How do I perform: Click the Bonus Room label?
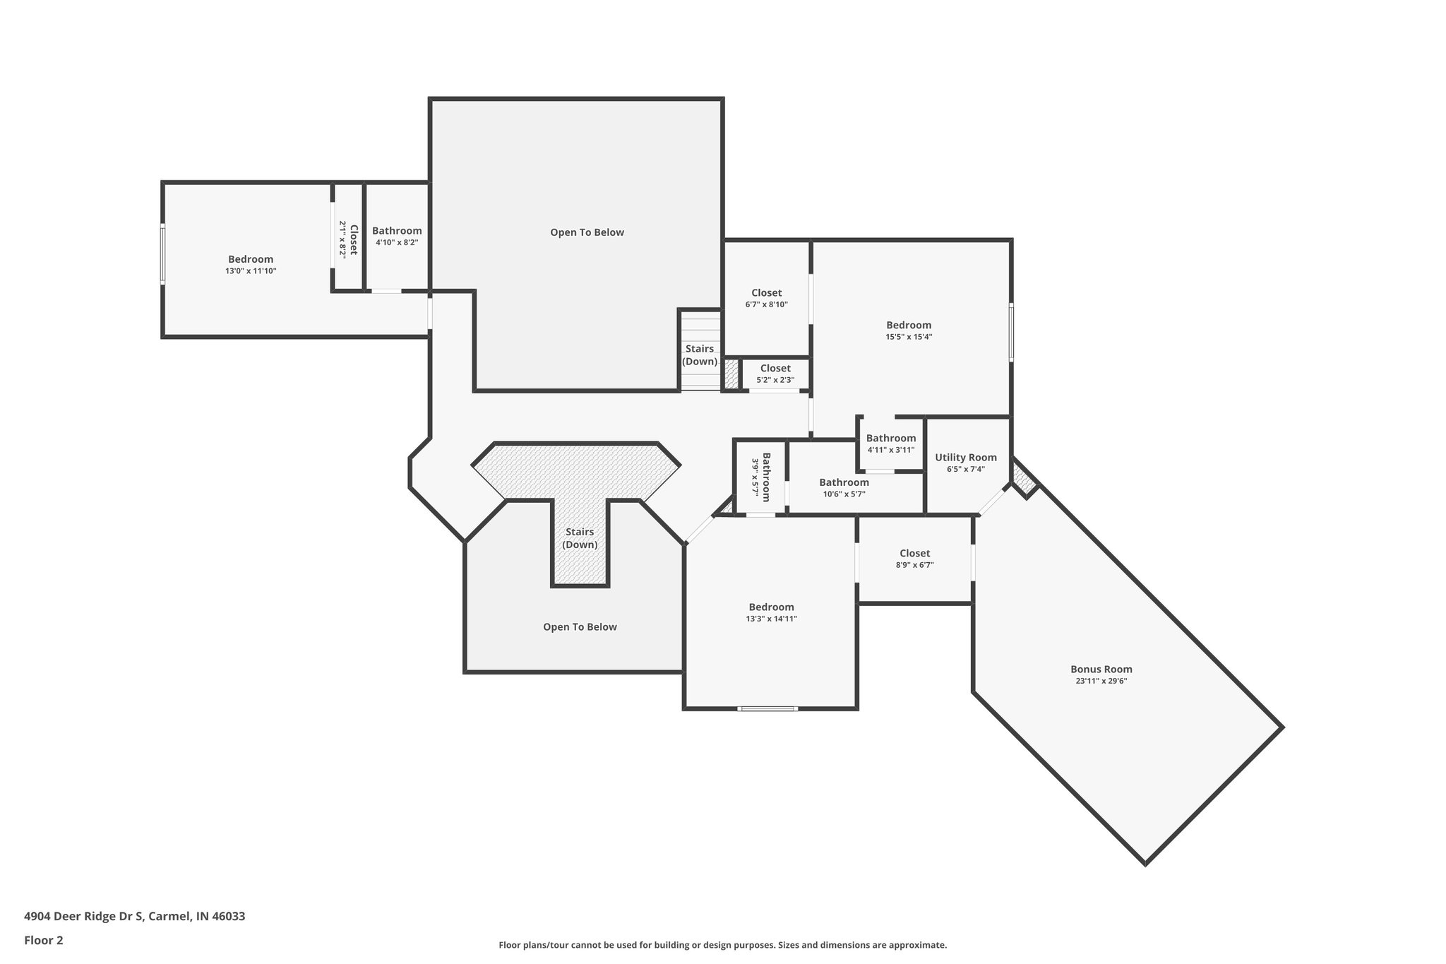(x=1101, y=669)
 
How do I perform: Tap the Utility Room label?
(x=965, y=458)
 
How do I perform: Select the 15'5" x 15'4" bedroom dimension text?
(x=909, y=337)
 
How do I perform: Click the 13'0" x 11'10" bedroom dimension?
(x=251, y=270)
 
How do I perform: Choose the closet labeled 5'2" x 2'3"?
(x=775, y=373)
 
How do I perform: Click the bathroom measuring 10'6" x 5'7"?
(x=844, y=487)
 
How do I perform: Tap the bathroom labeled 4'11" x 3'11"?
(x=890, y=443)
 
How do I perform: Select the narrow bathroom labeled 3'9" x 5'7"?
(x=760, y=477)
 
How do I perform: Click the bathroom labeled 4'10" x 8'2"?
(x=397, y=236)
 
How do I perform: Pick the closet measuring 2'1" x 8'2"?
(x=348, y=239)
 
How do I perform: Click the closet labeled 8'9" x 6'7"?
(x=914, y=558)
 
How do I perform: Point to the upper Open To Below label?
(x=587, y=232)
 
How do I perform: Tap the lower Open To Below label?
(x=580, y=627)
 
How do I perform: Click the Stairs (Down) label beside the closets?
(x=700, y=355)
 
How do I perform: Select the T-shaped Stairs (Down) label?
(x=580, y=538)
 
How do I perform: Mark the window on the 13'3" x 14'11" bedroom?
(x=768, y=708)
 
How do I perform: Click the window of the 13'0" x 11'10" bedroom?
(x=163, y=254)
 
